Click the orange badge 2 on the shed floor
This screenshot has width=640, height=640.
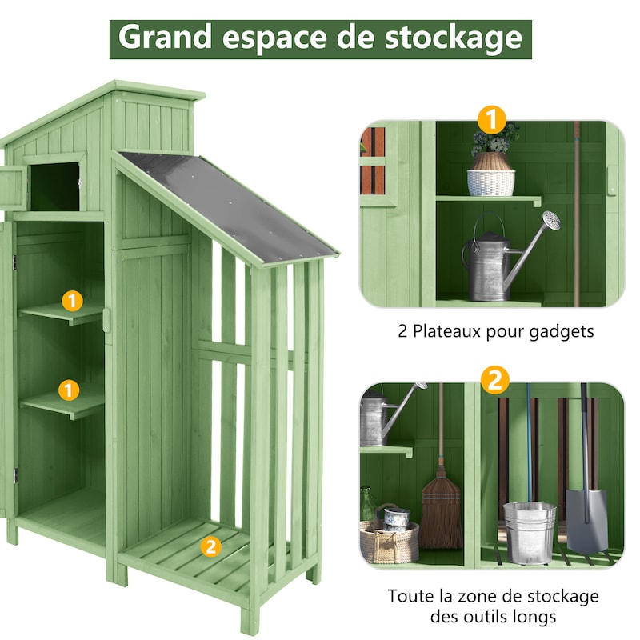point(210,546)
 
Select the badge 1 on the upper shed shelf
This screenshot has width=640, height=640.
point(73,301)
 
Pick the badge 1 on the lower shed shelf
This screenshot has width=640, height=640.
point(70,390)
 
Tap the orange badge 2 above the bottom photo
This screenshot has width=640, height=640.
point(495,379)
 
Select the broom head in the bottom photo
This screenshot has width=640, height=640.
point(441,513)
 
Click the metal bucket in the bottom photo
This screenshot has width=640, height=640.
point(529,532)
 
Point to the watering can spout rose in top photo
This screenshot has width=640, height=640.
point(550,220)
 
